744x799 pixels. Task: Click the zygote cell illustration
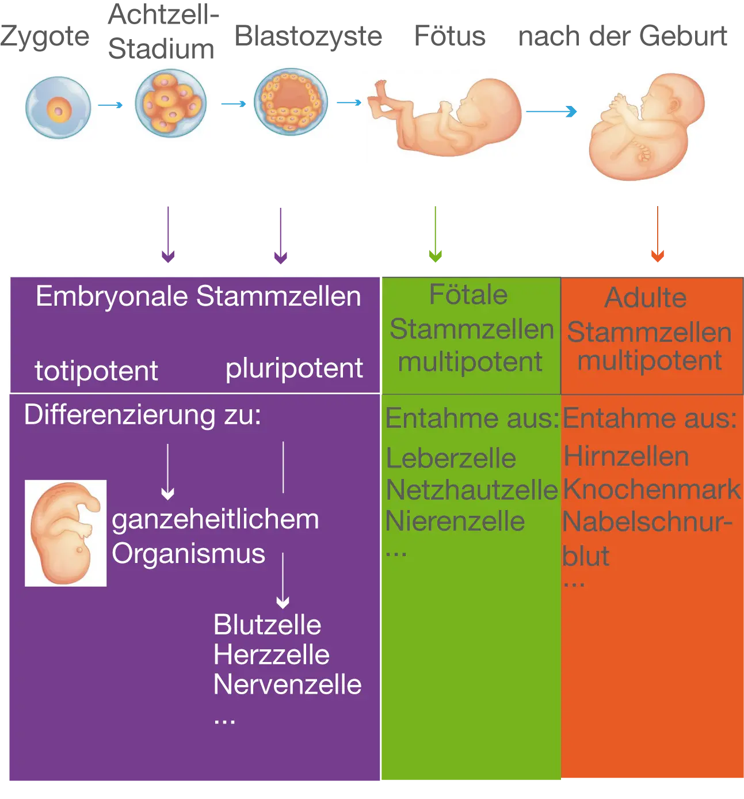(59, 108)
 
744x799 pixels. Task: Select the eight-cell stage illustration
(170, 104)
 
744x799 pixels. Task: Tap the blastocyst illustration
(292, 103)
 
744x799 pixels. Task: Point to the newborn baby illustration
(644, 126)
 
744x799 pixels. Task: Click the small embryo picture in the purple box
(66, 533)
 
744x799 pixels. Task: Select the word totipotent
(96, 371)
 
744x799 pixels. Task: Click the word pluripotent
(294, 368)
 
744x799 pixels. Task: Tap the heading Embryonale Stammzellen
(198, 297)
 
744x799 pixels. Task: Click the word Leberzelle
(451, 459)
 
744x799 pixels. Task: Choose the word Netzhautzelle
(472, 490)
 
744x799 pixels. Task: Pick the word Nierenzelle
(455, 522)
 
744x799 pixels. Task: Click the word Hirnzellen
(626, 457)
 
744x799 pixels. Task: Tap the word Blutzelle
(267, 625)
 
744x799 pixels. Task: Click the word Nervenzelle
(287, 685)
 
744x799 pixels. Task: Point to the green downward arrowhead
(435, 256)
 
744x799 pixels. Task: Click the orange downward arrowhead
(657, 256)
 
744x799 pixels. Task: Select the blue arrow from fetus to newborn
(552, 112)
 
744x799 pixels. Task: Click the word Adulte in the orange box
(646, 298)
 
